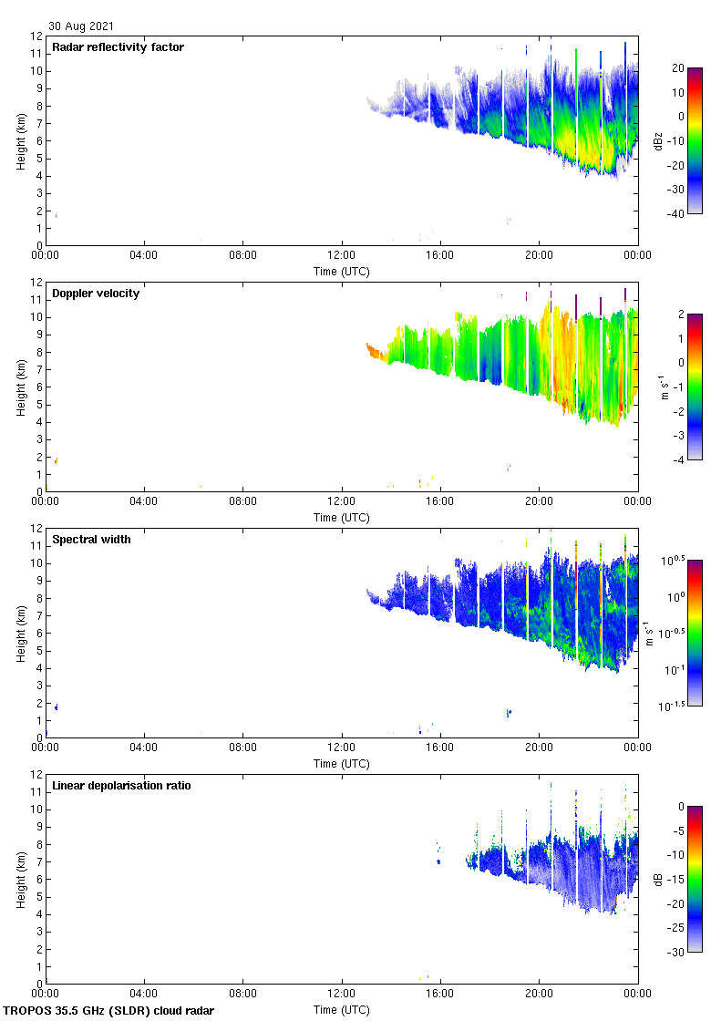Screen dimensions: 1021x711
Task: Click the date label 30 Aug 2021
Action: pyautogui.click(x=82, y=26)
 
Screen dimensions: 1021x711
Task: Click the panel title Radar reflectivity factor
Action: pyautogui.click(x=118, y=47)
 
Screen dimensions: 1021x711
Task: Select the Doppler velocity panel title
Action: pyautogui.click(x=96, y=294)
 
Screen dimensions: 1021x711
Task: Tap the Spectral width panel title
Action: pyautogui.click(x=91, y=540)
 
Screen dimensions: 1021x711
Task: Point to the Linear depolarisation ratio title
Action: pyautogui.click(x=121, y=786)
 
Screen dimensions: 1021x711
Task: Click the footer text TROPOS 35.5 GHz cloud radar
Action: pyautogui.click(x=109, y=1011)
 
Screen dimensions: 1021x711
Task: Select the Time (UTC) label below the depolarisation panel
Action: pyautogui.click(x=342, y=1010)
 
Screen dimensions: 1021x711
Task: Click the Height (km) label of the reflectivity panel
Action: pyautogui.click(x=21, y=140)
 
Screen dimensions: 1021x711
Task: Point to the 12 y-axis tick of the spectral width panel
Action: pyautogui.click(x=37, y=529)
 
